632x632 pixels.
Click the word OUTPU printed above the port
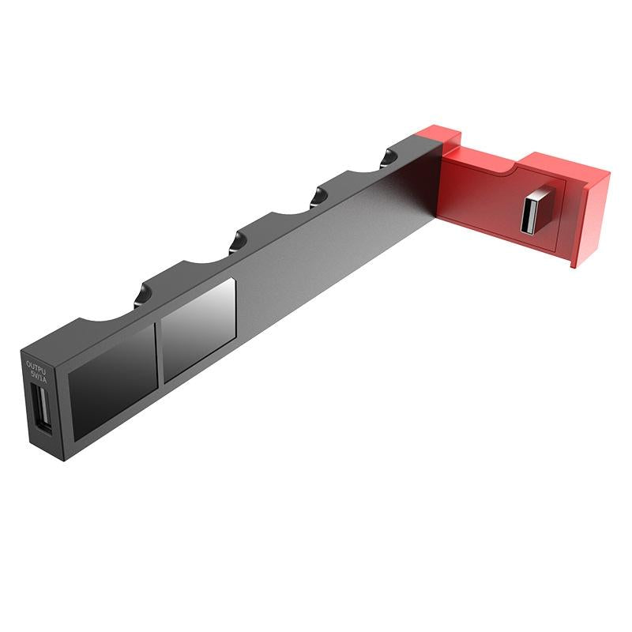tap(36, 366)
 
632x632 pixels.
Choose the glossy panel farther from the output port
tap(197, 330)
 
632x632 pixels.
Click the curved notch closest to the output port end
tap(111, 314)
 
